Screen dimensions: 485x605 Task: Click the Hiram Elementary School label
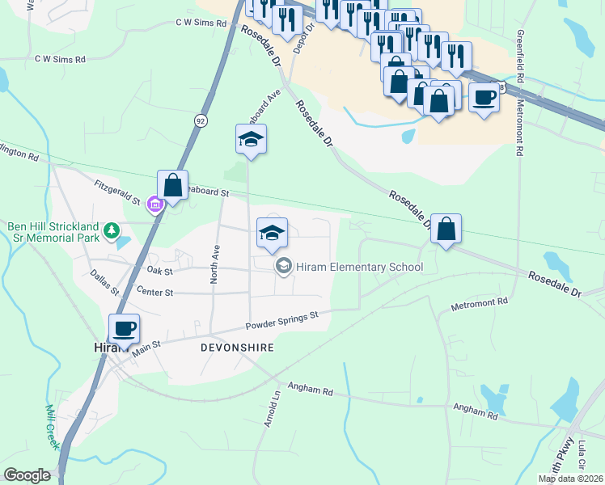[359, 267]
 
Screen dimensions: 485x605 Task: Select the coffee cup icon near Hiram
[125, 329]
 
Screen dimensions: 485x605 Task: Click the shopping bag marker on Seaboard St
[173, 185]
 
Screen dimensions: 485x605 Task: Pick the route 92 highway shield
[200, 120]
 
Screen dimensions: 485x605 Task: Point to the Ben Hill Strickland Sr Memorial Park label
[53, 231]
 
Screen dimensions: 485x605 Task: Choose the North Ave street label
[215, 264]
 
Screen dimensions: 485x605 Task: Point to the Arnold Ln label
[273, 409]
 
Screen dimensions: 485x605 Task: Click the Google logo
[27, 475]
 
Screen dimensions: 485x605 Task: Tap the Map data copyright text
[571, 479]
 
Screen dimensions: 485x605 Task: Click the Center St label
[155, 291]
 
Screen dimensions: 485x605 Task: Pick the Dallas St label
[104, 282]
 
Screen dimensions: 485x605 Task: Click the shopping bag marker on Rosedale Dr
[446, 229]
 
